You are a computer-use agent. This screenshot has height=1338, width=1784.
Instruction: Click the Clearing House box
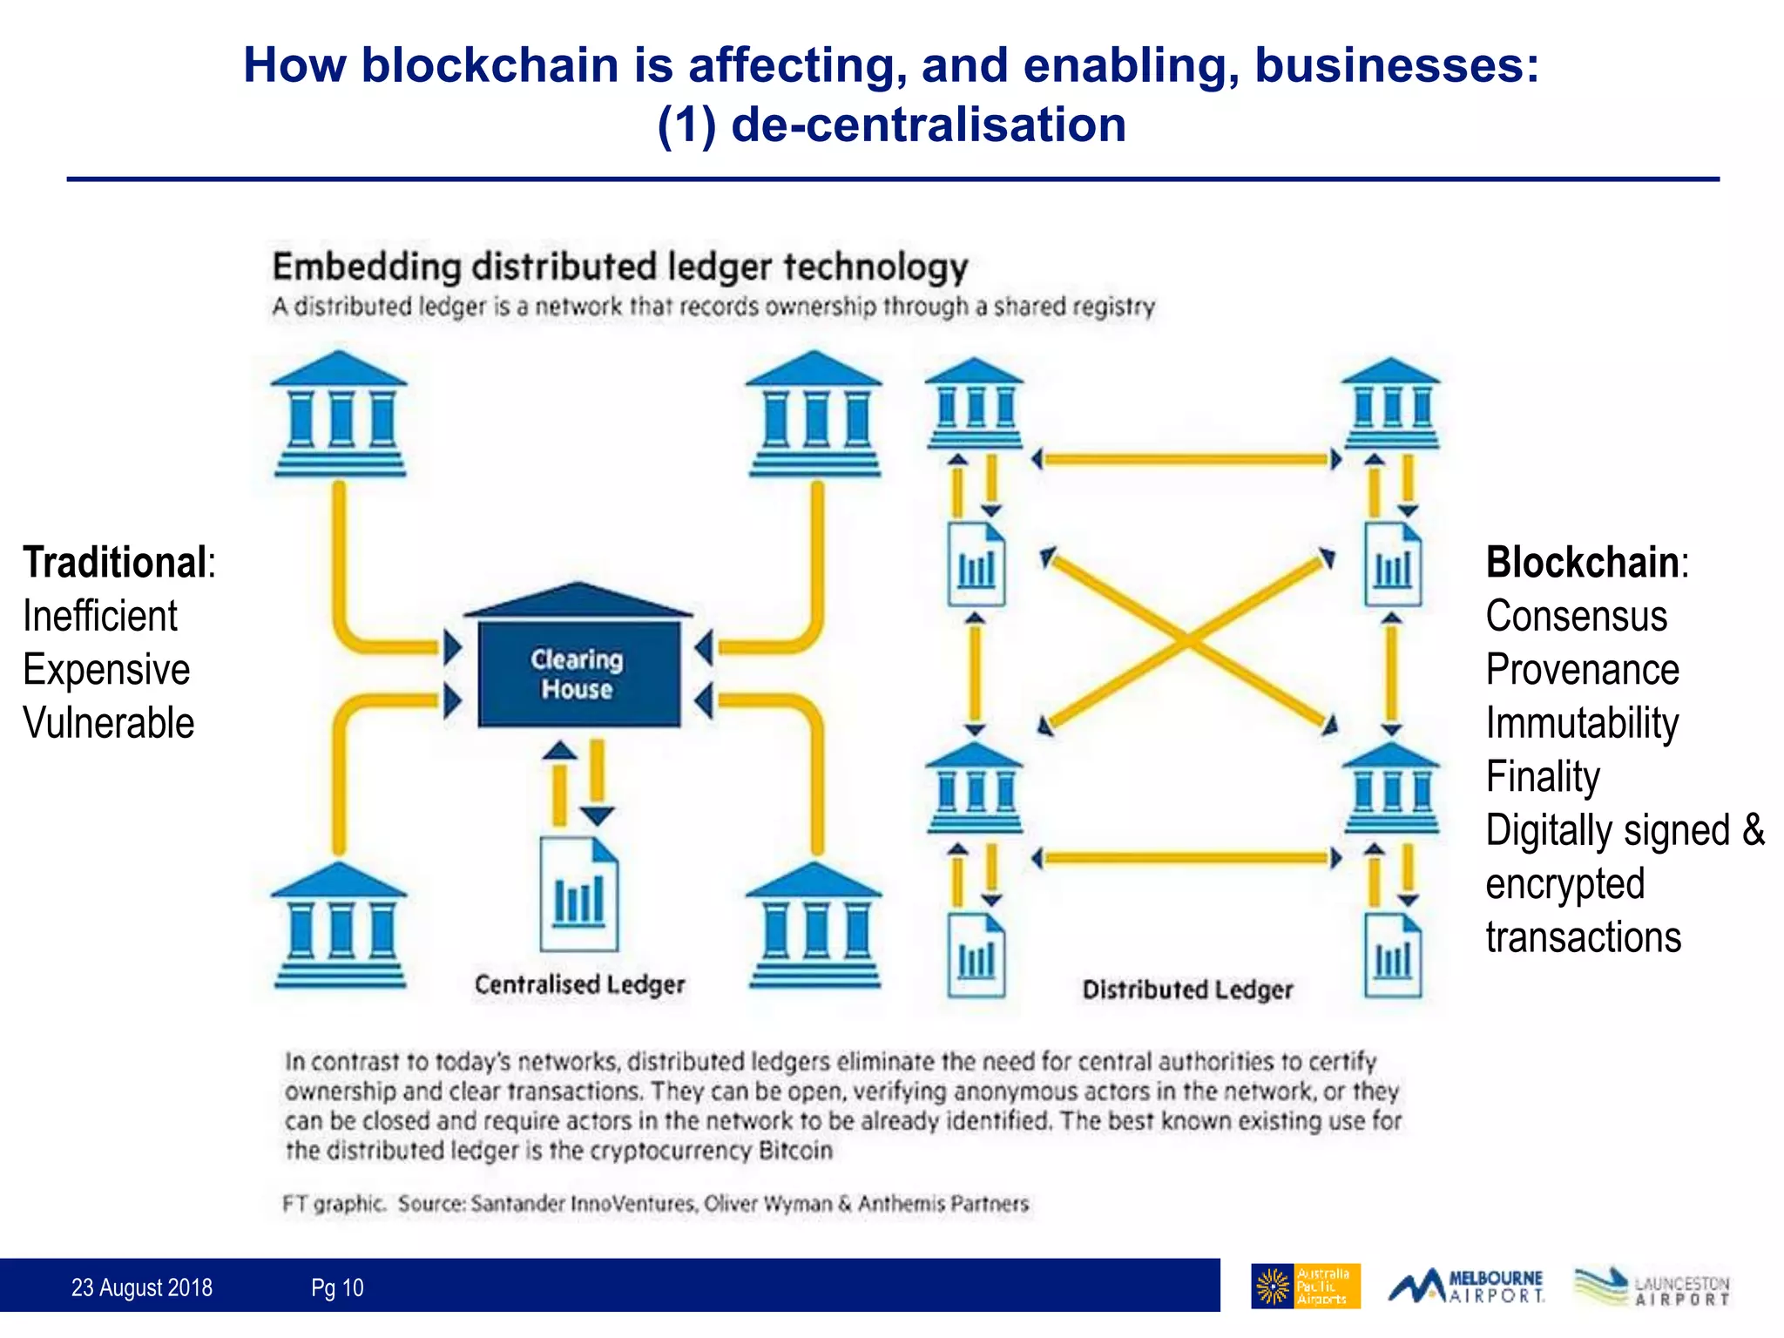click(578, 673)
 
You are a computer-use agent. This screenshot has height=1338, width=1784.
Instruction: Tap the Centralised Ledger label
click(579, 984)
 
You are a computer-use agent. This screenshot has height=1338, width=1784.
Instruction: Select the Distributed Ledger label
click(1187, 990)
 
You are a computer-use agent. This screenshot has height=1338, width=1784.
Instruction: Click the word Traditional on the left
click(115, 562)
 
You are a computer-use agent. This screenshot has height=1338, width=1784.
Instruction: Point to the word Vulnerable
click(108, 723)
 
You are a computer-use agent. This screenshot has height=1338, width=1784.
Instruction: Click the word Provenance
click(1582, 670)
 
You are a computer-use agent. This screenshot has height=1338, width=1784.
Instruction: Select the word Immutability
click(1582, 723)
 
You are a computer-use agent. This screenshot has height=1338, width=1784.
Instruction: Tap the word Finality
click(1543, 776)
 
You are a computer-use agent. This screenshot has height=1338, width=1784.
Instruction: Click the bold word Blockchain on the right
click(1582, 562)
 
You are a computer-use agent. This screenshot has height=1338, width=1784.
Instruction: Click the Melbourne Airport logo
click(1466, 1286)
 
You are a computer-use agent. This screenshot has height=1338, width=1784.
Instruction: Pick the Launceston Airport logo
click(1652, 1287)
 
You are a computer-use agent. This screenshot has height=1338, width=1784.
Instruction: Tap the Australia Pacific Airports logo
click(1305, 1286)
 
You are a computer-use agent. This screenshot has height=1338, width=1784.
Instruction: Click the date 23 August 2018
click(142, 1287)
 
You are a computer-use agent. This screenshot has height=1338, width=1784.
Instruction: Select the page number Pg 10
click(337, 1287)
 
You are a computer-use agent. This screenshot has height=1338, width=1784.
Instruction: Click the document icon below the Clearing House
click(578, 895)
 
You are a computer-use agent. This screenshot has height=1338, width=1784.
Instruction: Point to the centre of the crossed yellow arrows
click(1187, 640)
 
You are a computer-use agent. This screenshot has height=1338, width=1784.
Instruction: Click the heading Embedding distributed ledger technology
click(620, 267)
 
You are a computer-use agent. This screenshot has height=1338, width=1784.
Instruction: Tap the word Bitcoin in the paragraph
click(795, 1151)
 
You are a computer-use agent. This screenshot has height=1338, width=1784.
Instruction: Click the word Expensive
click(106, 670)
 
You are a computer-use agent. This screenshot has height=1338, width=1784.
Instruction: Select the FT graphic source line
click(655, 1204)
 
